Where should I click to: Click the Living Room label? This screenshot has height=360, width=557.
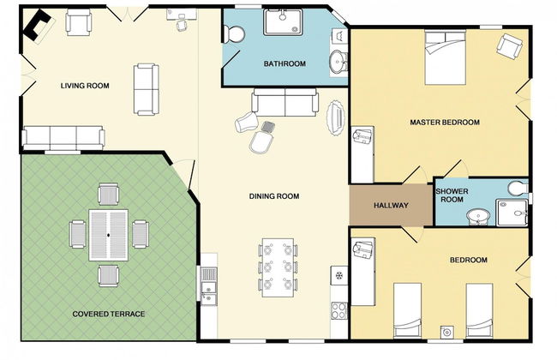pyautogui.click(x=85, y=86)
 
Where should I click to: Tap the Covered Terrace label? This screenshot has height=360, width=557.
pyautogui.click(x=109, y=314)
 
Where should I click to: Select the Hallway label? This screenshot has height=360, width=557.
pyautogui.click(x=391, y=206)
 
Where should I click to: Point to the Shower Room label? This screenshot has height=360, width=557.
pyautogui.click(x=452, y=195)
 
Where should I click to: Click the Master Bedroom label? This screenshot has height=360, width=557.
pyautogui.click(x=445, y=123)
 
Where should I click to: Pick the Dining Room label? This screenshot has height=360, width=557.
pyautogui.click(x=274, y=196)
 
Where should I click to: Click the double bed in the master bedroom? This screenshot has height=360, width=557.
pyautogui.click(x=445, y=57)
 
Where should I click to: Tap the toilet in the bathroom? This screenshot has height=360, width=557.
pyautogui.click(x=234, y=34)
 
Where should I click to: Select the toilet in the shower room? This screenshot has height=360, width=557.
pyautogui.click(x=518, y=188)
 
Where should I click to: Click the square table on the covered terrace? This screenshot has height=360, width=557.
pyautogui.click(x=108, y=235)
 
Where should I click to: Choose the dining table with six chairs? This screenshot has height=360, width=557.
pyautogui.click(x=278, y=267)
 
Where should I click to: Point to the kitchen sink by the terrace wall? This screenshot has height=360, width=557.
pyautogui.click(x=209, y=286)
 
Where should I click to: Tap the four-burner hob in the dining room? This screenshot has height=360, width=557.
pyautogui.click(x=339, y=310)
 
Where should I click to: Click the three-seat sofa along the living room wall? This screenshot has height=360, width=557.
pyautogui.click(x=63, y=137)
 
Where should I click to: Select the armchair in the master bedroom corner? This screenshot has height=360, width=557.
pyautogui.click(x=509, y=46)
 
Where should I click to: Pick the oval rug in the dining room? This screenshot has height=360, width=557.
pyautogui.click(x=336, y=118)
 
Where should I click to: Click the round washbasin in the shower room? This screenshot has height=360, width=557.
pyautogui.click(x=478, y=217)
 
